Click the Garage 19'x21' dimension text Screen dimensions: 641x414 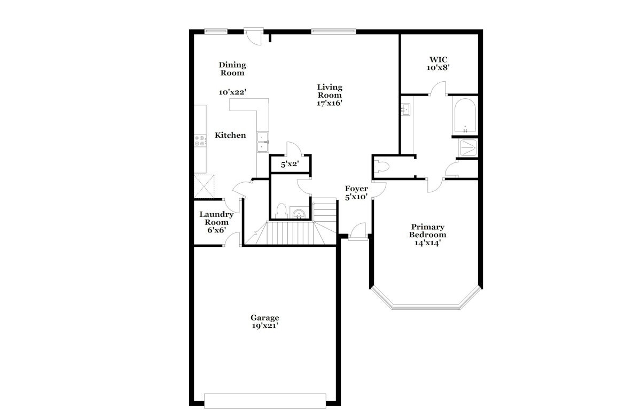pyautogui.click(x=265, y=326)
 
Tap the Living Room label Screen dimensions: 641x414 pyautogui.click(x=330, y=91)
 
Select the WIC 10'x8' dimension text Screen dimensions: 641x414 pyautogui.click(x=438, y=68)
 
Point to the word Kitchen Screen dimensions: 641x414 pyautogui.click(x=230, y=135)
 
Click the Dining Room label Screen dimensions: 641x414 pyautogui.click(x=232, y=69)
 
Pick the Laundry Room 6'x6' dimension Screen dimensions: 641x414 pyautogui.click(x=217, y=230)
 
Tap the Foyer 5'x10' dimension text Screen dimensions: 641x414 pyautogui.click(x=356, y=197)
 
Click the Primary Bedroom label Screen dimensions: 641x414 pyautogui.click(x=427, y=231)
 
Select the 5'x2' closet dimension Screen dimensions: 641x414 pyautogui.click(x=290, y=164)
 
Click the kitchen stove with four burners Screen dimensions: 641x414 pyautogui.click(x=200, y=141)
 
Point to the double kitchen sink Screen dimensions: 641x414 pyautogui.click(x=262, y=142)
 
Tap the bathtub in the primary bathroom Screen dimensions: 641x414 pyautogui.click(x=465, y=116)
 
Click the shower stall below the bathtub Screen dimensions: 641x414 pyautogui.click(x=468, y=148)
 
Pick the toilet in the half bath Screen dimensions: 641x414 pyautogui.click(x=282, y=211)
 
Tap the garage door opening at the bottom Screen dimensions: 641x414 pyautogui.click(x=265, y=404)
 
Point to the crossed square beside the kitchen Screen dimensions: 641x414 pyautogui.click(x=204, y=186)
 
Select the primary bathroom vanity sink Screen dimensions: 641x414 pyautogui.click(x=405, y=110)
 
